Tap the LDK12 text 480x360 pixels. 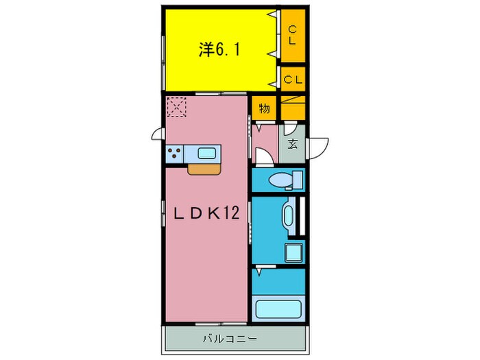coord(204,214)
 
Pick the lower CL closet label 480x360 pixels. coord(293,80)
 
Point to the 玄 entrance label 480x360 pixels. coord(293,143)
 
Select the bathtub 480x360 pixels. coord(278,307)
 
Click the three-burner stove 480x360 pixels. coord(175,154)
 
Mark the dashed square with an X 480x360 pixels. coord(176,107)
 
